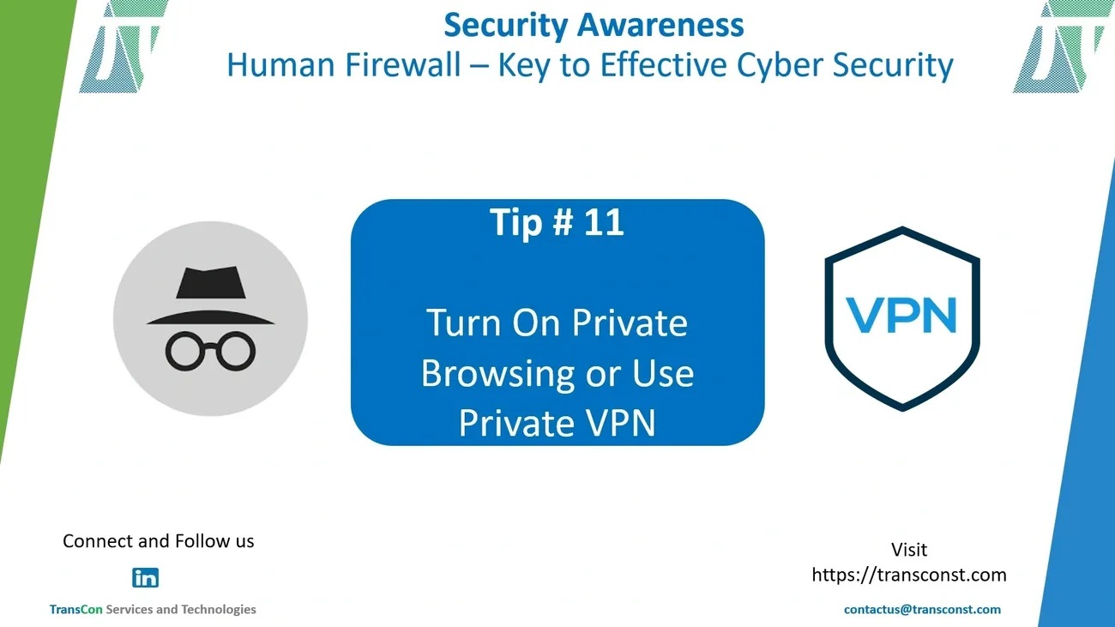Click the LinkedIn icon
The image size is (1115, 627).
pos(145,578)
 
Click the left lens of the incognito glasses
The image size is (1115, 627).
pos(185,352)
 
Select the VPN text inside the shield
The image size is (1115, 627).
pos(901,315)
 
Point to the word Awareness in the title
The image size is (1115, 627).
pos(660,25)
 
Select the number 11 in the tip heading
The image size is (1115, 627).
pos(604,221)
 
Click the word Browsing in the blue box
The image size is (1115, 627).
pos(497,374)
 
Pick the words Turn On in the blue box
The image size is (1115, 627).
pos(493,323)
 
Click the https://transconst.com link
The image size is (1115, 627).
pos(909,575)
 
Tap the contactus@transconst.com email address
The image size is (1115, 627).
pos(922,610)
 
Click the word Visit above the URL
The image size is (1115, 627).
pos(909,549)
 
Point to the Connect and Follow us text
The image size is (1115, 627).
pos(159,541)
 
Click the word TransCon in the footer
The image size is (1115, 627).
pos(75,610)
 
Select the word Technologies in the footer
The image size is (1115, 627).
pos(219,610)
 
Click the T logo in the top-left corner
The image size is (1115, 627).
pos(124,46)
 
